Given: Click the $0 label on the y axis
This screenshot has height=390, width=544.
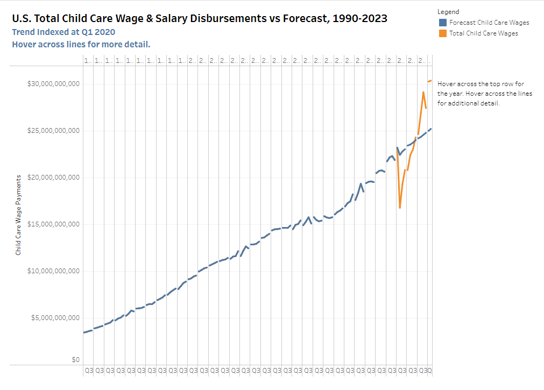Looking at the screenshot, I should tap(76, 359).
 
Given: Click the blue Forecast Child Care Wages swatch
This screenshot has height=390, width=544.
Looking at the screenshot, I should tap(442, 23).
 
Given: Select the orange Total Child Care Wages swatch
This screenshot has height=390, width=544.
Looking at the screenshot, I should tap(442, 33).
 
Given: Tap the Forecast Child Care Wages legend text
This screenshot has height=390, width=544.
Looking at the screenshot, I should tap(489, 23).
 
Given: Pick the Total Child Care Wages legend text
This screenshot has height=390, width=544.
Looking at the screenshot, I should tap(483, 33).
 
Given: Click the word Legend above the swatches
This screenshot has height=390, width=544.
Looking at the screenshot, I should tap(448, 12).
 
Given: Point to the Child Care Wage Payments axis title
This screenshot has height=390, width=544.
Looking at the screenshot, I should tap(18, 215).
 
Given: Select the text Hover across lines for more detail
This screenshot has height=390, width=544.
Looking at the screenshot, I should tap(81, 44).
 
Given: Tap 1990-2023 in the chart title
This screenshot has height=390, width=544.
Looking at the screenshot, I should tap(360, 19).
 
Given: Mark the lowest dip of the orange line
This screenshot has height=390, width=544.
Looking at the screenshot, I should tap(400, 208).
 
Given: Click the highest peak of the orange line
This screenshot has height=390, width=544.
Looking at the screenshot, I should tap(430, 81).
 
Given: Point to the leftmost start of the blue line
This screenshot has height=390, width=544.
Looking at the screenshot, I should tap(84, 332).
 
